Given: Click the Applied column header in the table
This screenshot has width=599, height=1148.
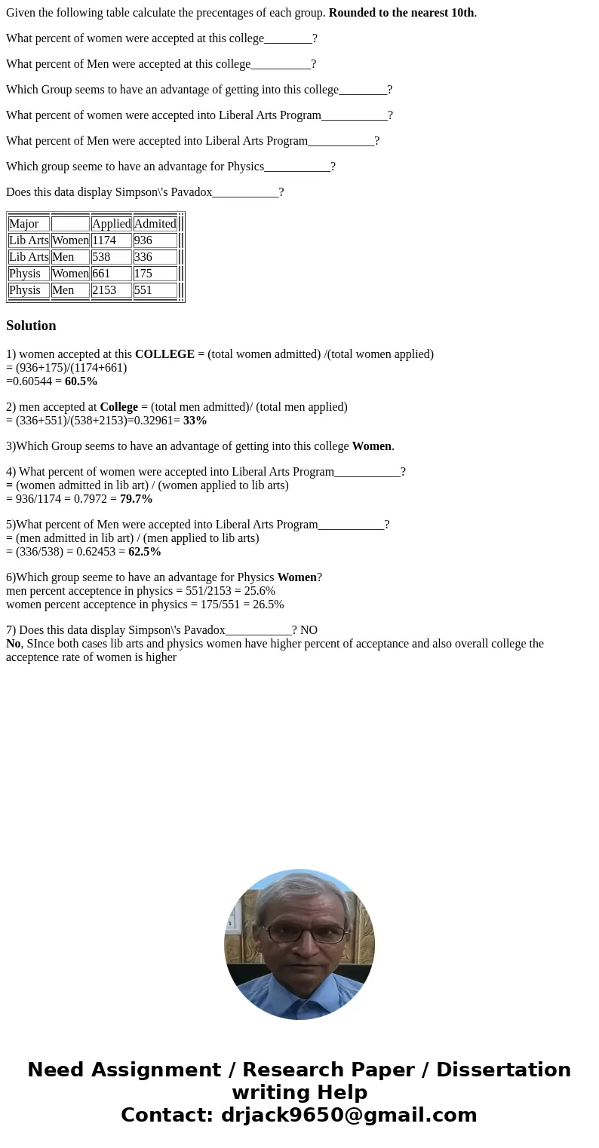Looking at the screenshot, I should tap(111, 224).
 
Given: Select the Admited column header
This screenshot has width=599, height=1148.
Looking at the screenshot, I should tap(155, 224).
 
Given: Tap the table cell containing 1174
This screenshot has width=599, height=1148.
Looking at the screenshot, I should tap(111, 240).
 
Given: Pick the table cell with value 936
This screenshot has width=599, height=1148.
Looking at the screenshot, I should tap(155, 240).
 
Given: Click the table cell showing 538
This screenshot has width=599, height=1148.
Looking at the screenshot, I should tap(111, 257).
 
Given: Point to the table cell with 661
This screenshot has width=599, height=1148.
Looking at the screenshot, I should tap(111, 274).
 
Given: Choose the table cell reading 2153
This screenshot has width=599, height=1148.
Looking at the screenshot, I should tap(111, 290).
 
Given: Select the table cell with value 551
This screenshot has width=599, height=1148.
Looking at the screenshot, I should tap(155, 290).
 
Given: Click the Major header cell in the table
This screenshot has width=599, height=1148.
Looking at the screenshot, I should tap(29, 224).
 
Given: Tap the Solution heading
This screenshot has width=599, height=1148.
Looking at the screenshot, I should tap(31, 326).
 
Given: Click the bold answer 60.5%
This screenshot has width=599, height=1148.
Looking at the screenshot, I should tap(81, 381).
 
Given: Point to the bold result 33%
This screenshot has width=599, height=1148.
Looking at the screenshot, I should tap(195, 421).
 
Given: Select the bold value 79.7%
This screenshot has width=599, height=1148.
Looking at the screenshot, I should tap(136, 499).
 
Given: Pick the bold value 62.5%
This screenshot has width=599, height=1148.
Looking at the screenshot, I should tap(144, 552).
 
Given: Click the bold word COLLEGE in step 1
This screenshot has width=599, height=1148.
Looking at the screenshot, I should tap(164, 354).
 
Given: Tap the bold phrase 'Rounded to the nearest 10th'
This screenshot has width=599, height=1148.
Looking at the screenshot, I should tap(401, 13).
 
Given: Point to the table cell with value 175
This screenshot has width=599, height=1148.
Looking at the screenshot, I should tap(155, 274).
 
